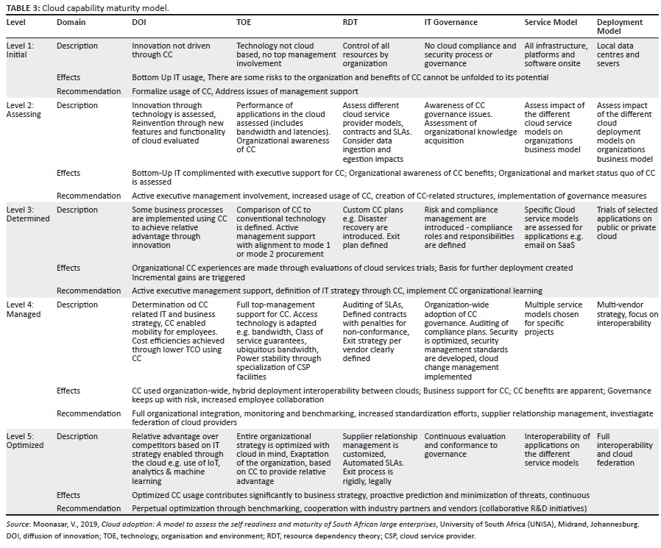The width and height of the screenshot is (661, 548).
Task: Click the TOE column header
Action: [244, 22]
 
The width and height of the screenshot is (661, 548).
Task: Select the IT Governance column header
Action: [450, 22]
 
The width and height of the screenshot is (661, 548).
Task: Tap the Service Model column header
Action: [551, 22]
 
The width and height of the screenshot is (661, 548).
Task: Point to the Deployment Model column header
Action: [621, 26]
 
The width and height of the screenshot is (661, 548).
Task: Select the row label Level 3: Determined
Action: [28, 214]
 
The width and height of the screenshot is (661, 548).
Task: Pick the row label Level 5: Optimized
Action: [26, 441]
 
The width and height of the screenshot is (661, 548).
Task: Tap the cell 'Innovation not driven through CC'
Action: [171, 50]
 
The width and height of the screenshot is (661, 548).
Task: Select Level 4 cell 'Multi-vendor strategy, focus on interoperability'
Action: [627, 314]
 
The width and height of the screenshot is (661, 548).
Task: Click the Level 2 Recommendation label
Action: [88, 196]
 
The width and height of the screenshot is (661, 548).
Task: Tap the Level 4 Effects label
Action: [68, 391]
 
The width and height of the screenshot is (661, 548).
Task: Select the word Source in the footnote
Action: [18, 524]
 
